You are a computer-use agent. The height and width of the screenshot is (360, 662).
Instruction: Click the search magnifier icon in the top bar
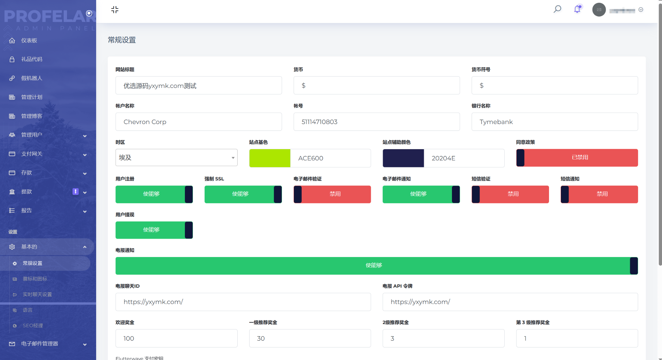557,9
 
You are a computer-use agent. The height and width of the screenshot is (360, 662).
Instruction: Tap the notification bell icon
577,9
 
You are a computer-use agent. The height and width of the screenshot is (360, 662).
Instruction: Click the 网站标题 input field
198,85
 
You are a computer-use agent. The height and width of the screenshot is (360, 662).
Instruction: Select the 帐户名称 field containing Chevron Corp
198,122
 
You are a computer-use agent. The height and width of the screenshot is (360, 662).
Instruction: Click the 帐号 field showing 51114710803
376,122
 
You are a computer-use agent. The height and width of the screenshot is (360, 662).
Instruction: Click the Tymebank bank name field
554,122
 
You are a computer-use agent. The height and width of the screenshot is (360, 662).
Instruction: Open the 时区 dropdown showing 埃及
176,157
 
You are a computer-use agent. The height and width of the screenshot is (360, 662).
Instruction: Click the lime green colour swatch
269,158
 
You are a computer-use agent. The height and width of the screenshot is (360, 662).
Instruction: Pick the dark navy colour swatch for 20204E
403,158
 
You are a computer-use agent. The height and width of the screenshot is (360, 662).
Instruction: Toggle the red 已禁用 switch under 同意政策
577,158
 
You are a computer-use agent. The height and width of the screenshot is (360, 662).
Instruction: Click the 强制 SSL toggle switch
243,194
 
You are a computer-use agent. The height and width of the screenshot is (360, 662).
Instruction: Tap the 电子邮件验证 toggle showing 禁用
332,194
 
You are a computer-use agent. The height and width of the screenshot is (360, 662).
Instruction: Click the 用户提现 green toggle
154,230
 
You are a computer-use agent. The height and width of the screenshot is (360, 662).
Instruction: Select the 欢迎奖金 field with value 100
176,338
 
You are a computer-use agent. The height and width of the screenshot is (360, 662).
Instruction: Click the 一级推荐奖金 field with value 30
310,338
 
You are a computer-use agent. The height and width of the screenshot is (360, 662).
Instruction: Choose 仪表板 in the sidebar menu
29,40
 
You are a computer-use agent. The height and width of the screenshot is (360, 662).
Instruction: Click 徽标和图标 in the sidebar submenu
35,279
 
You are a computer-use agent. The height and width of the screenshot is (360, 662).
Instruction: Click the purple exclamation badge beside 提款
75,191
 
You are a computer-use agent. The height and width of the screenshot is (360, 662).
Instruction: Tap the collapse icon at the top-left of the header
115,10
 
